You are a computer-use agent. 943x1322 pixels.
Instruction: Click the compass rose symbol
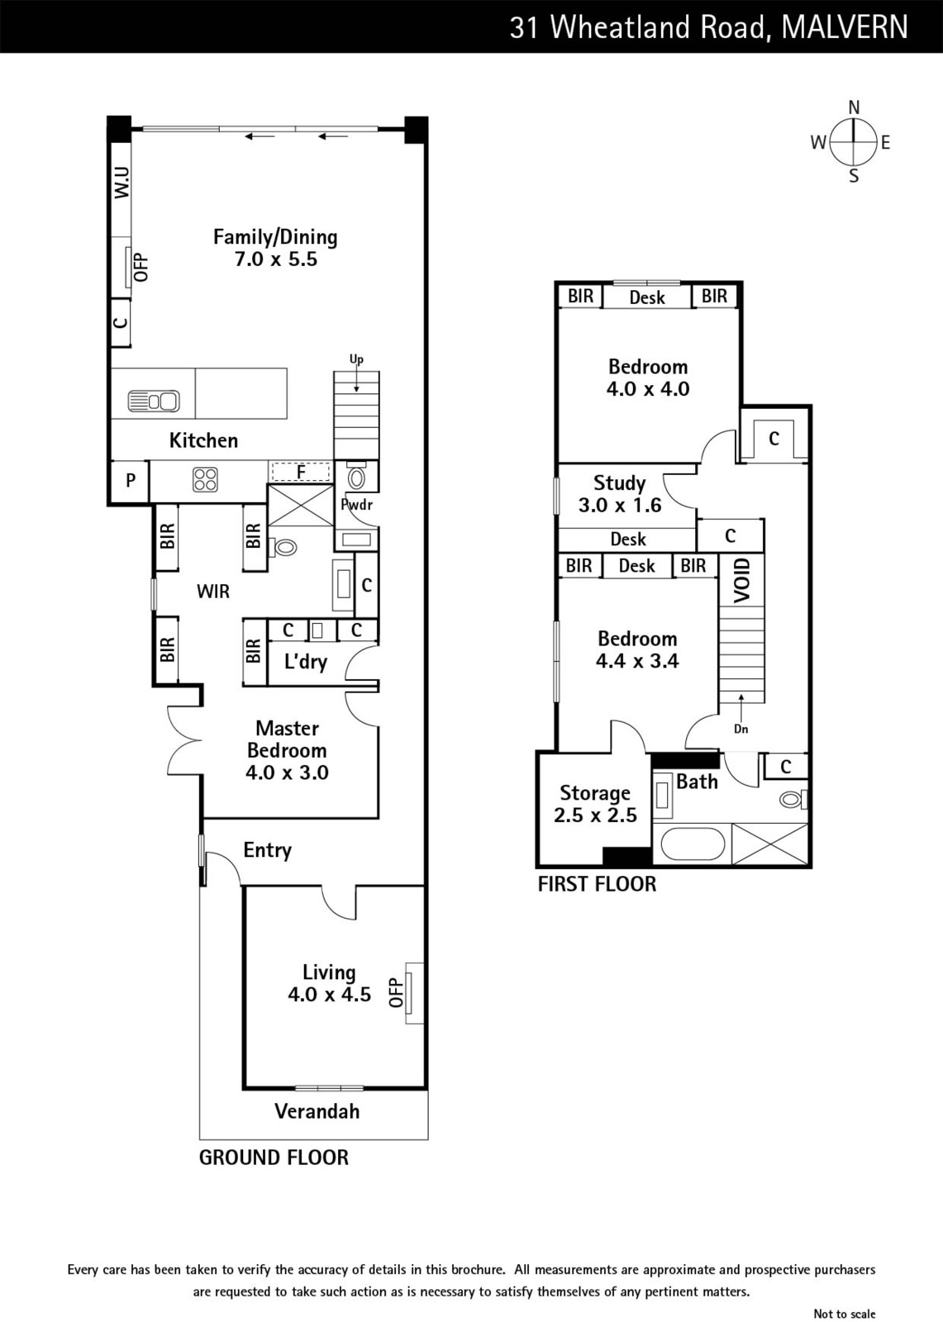[x=853, y=141]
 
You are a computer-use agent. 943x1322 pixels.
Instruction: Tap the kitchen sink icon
[x=154, y=402]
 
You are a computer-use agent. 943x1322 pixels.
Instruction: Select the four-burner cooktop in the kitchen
[x=205, y=479]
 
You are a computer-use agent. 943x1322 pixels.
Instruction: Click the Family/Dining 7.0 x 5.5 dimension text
[x=276, y=259]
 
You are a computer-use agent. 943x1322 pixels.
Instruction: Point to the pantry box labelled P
[x=131, y=481]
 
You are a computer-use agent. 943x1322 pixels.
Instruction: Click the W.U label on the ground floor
[x=121, y=182]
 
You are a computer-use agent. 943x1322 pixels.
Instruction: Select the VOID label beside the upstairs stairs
[x=741, y=581]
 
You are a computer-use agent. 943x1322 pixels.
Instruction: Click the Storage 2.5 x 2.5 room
[x=595, y=804]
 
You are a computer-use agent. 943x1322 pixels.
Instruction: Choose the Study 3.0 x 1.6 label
[x=619, y=494]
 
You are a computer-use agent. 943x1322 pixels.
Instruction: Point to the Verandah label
[x=317, y=1112]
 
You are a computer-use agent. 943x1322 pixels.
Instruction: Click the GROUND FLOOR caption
[x=274, y=1158]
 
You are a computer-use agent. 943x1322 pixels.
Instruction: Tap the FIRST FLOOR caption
[x=597, y=883]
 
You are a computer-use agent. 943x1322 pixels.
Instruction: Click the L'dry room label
[x=305, y=662]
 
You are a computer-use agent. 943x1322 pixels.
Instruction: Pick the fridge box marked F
[x=301, y=472]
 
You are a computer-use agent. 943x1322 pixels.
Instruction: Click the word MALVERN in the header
[x=845, y=27]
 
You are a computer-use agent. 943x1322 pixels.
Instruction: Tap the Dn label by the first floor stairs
[x=741, y=729]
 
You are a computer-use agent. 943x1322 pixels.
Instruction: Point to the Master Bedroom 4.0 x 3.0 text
[x=287, y=750]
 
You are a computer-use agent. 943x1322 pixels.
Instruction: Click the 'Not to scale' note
[x=845, y=1313]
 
